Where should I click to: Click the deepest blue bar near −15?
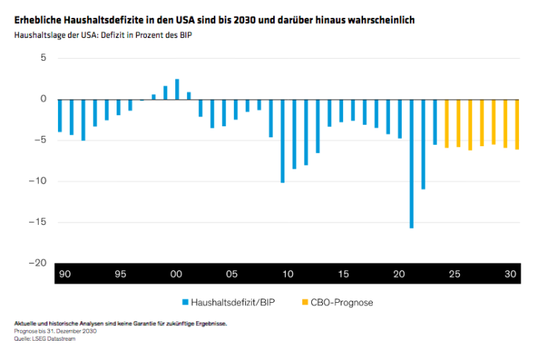(411, 163)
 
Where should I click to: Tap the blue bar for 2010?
(282, 140)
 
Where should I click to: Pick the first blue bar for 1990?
(59, 115)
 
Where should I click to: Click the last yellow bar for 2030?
(517, 124)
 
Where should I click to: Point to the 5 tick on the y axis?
(42, 58)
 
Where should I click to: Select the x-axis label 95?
(120, 275)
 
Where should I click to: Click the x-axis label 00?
(176, 275)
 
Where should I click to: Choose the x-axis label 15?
(343, 275)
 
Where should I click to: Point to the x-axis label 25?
(454, 275)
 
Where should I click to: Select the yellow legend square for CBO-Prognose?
(304, 302)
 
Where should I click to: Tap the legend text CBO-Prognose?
(339, 302)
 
